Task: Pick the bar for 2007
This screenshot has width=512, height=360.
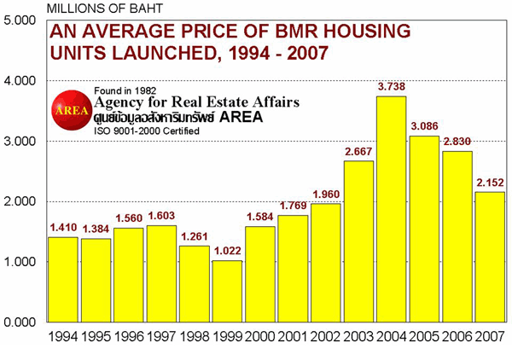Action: (x=490, y=257)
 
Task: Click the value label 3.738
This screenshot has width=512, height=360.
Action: (x=392, y=87)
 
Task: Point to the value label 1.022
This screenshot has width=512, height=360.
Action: (x=227, y=252)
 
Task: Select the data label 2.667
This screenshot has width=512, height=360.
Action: (x=358, y=152)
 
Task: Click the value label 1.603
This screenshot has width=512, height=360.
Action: (x=161, y=217)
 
